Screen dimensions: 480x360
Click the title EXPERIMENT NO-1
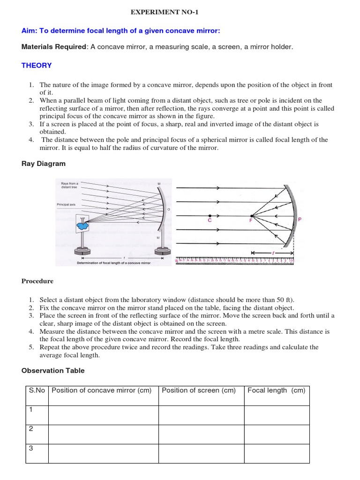[180, 11]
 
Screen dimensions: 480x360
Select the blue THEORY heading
[37, 66]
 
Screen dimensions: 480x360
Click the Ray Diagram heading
[44, 164]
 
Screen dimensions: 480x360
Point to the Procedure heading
[37, 281]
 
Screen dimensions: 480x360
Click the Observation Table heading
[53, 371]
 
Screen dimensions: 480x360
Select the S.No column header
[37, 390]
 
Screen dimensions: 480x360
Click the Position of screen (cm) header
[199, 390]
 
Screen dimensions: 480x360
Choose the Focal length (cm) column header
[276, 390]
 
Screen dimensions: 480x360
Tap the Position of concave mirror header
[102, 390]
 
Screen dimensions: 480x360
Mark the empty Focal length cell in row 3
[277, 453]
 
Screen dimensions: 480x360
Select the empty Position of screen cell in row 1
[201, 415]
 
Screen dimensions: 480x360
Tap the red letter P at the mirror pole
[300, 219]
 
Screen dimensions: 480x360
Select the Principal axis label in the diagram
[66, 204]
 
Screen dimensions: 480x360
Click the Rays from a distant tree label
[69, 185]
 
